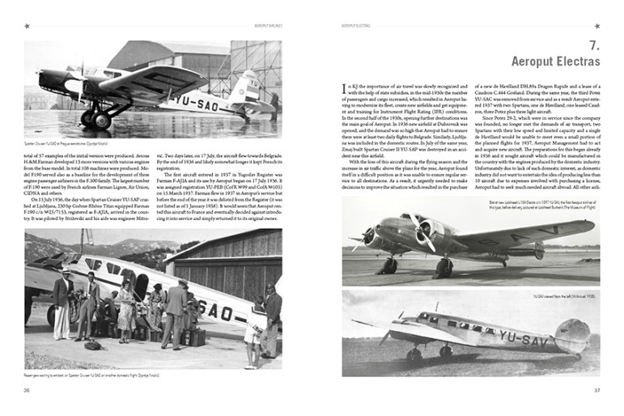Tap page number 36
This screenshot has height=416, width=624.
click(x=28, y=391)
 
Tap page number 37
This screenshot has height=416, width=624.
click(x=595, y=391)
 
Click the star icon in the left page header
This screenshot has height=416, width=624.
click(x=28, y=26)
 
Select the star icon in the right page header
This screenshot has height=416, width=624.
click(x=596, y=26)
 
